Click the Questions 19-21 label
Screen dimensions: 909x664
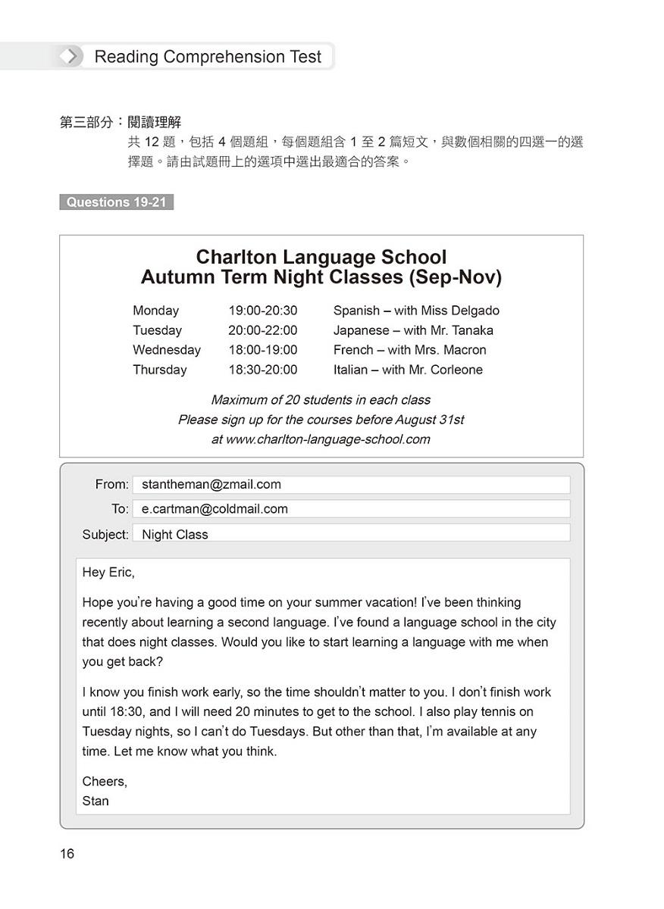[x=116, y=202]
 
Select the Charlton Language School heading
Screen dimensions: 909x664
[x=321, y=258]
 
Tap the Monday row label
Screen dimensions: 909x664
[x=155, y=311]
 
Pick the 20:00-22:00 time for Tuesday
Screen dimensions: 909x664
[x=262, y=330]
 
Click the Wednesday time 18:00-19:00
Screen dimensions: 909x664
[x=262, y=350]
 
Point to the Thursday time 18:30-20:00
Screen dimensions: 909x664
[x=262, y=370]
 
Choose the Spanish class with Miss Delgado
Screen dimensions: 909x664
[x=416, y=311]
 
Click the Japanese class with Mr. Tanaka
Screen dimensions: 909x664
[x=413, y=330]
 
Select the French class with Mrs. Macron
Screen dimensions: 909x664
[x=409, y=350]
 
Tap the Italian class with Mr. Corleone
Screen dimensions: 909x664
[x=408, y=370]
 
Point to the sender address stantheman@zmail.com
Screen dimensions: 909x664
[x=211, y=485]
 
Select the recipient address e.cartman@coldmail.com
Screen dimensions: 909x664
[x=215, y=509]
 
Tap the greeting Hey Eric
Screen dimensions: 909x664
[x=108, y=573]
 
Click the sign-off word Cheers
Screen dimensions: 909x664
[x=105, y=781]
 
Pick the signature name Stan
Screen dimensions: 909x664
[x=96, y=801]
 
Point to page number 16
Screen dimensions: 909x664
[x=67, y=854]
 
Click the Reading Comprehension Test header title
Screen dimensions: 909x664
[x=208, y=57]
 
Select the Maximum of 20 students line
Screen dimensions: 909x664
[x=321, y=400]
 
